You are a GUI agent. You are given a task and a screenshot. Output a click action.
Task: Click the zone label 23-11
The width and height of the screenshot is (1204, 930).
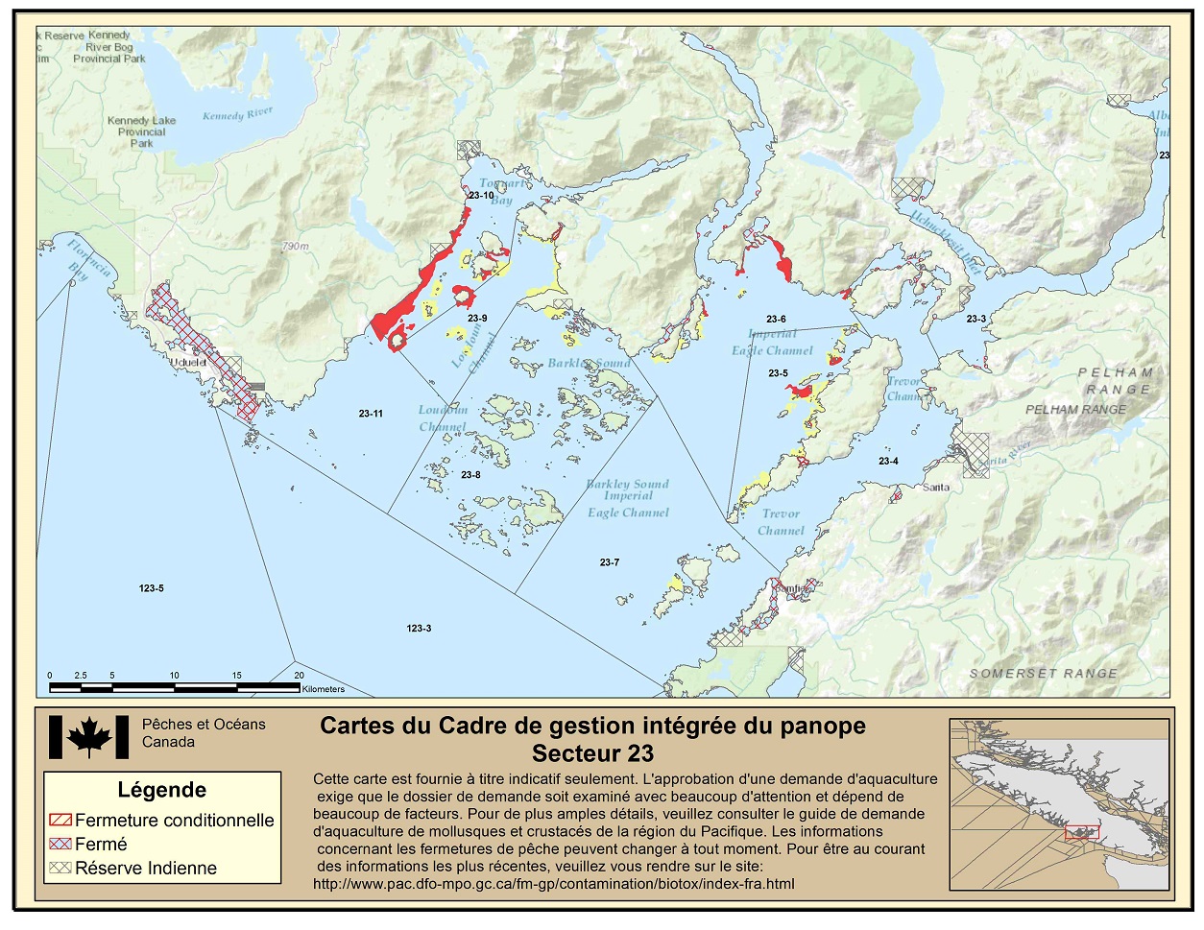click(371, 414)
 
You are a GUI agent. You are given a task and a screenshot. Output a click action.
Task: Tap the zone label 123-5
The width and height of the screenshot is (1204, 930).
click(151, 588)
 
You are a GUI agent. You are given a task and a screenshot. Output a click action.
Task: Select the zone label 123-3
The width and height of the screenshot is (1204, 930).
click(419, 629)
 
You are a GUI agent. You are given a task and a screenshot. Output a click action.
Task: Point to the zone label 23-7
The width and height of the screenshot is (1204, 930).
click(610, 562)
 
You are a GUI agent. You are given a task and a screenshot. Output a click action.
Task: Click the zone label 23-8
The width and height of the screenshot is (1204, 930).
click(470, 475)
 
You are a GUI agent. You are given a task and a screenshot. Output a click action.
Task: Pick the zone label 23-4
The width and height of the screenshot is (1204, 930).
click(888, 462)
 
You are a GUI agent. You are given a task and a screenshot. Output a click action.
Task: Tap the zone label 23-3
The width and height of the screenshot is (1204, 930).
click(975, 319)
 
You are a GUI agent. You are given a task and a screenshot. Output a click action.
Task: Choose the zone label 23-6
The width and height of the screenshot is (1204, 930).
click(776, 319)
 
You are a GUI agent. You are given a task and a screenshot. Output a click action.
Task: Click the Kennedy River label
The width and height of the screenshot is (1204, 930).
click(237, 114)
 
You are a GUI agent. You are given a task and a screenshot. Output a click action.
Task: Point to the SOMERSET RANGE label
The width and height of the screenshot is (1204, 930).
click(1043, 674)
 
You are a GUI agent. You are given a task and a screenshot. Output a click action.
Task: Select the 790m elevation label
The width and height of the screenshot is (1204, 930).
click(295, 247)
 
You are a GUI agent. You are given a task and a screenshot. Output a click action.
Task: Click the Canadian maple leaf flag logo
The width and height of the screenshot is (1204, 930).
click(88, 737)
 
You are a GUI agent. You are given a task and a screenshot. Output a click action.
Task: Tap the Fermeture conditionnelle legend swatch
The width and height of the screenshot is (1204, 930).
click(60, 821)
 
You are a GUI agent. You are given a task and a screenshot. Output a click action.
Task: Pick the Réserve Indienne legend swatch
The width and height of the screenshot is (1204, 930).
click(60, 868)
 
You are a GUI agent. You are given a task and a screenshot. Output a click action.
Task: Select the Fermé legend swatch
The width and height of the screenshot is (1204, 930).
click(60, 845)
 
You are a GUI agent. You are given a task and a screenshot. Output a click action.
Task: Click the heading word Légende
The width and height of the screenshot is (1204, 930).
click(161, 790)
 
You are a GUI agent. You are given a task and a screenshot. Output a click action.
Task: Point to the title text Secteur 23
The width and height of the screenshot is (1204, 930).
click(592, 753)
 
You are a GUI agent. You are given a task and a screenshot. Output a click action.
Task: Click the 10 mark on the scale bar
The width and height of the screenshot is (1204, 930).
click(174, 676)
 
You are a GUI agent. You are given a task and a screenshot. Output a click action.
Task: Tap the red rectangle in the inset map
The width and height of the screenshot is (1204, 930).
click(1082, 832)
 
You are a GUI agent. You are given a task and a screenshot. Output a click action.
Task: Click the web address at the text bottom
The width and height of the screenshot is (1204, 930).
click(553, 884)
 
